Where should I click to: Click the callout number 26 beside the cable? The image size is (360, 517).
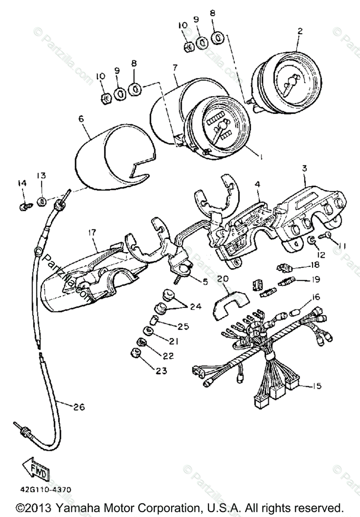tap(80, 406)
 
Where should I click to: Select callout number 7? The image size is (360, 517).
tap(175, 68)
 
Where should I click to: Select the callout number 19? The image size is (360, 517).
tap(316, 280)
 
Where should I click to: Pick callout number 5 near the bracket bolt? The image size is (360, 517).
tap(205, 283)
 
